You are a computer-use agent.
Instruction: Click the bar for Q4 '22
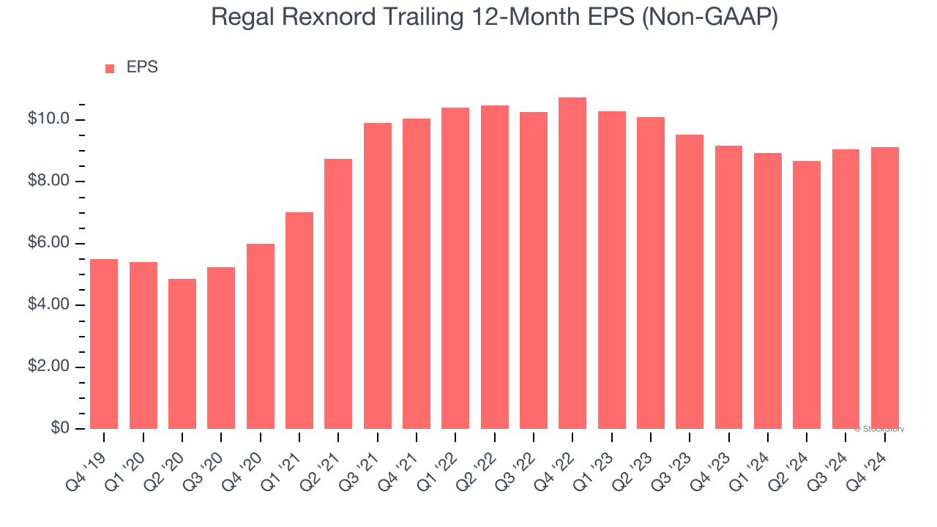(x=572, y=263)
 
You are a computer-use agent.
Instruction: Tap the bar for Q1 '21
(x=299, y=321)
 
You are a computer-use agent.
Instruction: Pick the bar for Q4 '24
(x=884, y=288)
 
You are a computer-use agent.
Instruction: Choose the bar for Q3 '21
(x=378, y=276)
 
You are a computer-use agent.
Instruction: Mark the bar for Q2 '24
(x=806, y=295)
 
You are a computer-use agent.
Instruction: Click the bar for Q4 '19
(x=104, y=344)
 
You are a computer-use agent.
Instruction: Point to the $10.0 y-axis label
(x=48, y=119)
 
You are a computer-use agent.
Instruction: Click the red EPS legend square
(x=110, y=69)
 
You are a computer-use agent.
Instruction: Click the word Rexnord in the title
(x=328, y=18)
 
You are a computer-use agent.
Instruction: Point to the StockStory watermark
(x=878, y=429)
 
